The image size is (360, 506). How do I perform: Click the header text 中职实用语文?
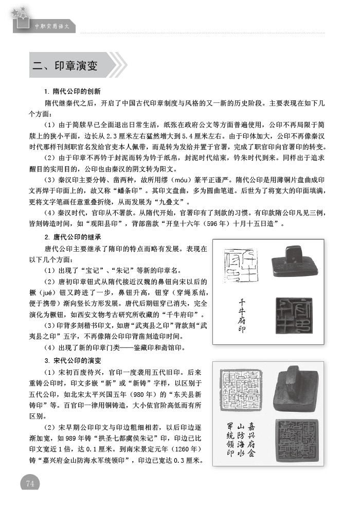[51, 25]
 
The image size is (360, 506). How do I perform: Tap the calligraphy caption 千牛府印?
[243, 315]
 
